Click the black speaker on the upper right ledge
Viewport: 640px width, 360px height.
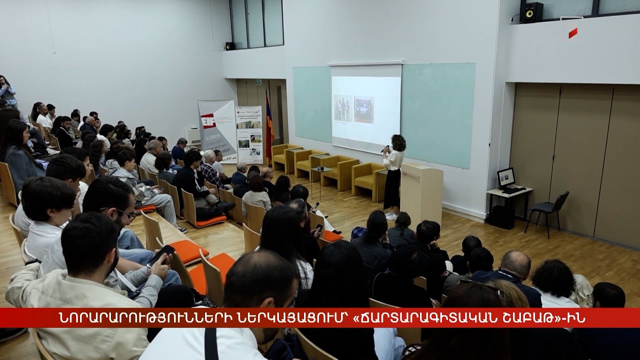pyautogui.click(x=531, y=12)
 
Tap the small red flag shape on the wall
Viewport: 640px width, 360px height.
pyautogui.click(x=573, y=33)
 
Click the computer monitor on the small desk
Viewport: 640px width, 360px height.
pyautogui.click(x=506, y=177)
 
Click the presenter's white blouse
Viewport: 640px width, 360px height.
pyautogui.click(x=393, y=159)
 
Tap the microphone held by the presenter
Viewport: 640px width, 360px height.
pyautogui.click(x=384, y=149)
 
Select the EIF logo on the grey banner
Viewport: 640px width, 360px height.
pyautogui.click(x=208, y=120)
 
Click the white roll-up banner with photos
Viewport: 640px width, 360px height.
pyautogui.click(x=249, y=134)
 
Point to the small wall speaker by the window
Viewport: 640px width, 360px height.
pyautogui.click(x=229, y=46)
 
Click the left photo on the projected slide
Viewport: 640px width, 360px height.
pyautogui.click(x=343, y=108)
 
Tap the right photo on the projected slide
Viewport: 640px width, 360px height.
pyautogui.click(x=363, y=109)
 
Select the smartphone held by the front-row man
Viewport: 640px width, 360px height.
pyautogui.click(x=161, y=255)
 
